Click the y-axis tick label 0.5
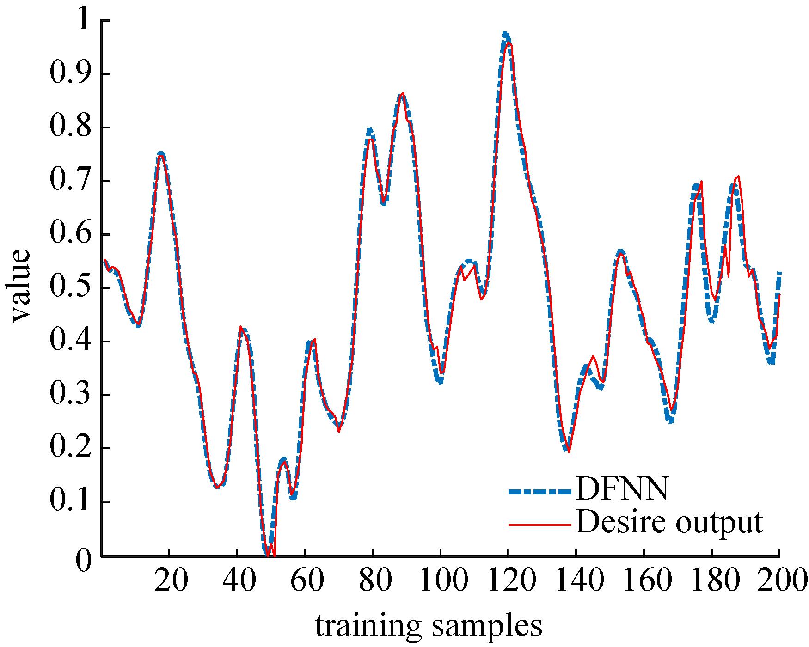[x=69, y=288]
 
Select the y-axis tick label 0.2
[x=69, y=448]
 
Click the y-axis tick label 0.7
[x=69, y=181]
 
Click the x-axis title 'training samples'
[x=429, y=626]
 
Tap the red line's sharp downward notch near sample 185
[x=729, y=276]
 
